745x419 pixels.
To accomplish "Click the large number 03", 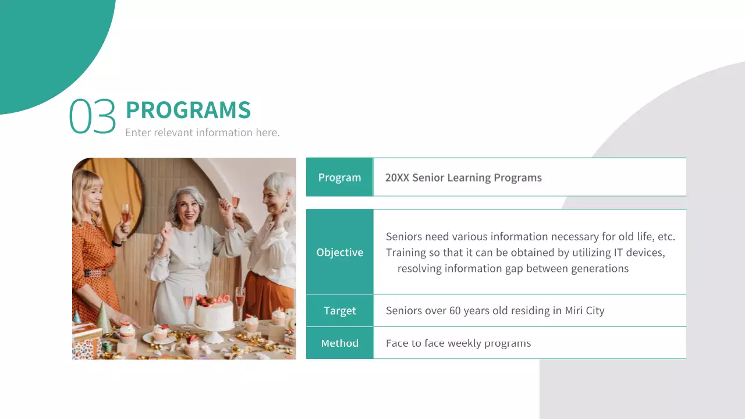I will click(93, 116).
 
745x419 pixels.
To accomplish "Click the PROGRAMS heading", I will click(188, 110).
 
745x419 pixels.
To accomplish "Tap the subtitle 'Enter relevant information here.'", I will click(203, 133).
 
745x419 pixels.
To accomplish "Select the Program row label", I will click(339, 177).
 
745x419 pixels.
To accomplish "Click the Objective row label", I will click(339, 252).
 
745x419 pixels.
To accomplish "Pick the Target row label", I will click(339, 311).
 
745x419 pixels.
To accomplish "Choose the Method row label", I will click(339, 343).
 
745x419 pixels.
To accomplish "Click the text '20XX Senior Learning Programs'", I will click(463, 177).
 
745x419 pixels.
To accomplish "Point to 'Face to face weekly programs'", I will click(458, 343).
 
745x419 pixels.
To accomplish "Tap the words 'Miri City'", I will click(584, 311).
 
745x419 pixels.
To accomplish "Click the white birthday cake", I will click(214, 316).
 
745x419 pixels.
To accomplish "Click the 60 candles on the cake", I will click(222, 299).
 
